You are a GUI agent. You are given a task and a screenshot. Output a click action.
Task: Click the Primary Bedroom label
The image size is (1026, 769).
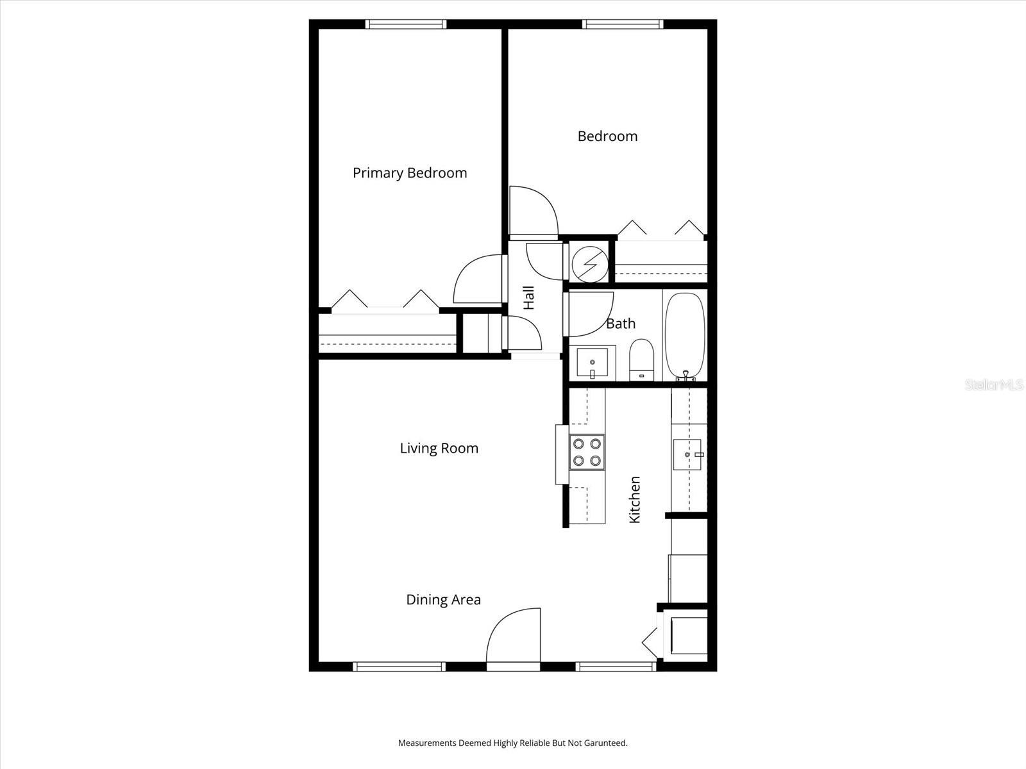[x=410, y=173]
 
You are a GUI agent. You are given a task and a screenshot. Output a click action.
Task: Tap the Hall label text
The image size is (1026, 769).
[x=529, y=298]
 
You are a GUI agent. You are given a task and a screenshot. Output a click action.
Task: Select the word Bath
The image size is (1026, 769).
[x=621, y=324]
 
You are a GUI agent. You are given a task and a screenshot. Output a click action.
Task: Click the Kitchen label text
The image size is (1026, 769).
[x=635, y=499]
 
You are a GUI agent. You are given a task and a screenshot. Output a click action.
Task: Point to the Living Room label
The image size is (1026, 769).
[x=439, y=449]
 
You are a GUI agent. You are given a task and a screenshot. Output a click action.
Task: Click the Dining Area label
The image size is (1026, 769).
[x=443, y=600]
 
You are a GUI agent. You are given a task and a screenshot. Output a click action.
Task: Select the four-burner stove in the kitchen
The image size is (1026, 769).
[x=587, y=452]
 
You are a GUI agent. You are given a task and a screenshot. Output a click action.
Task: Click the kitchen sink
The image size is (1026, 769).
[x=688, y=454]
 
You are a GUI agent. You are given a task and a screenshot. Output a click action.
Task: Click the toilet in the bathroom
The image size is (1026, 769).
[x=641, y=360]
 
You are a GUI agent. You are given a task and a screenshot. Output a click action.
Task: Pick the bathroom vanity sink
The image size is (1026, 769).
[x=592, y=364]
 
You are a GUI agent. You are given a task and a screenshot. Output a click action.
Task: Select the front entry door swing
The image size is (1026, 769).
[x=514, y=638]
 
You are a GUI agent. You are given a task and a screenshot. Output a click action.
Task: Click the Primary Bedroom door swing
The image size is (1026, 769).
[x=478, y=279]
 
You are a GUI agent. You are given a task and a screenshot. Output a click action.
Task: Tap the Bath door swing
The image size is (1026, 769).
[x=589, y=314]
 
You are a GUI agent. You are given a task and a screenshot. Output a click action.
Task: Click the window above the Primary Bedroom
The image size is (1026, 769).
[x=406, y=24]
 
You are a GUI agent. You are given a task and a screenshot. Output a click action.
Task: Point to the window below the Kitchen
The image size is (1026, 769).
[x=616, y=666]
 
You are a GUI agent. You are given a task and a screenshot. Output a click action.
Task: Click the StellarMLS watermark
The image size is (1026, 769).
[x=995, y=385]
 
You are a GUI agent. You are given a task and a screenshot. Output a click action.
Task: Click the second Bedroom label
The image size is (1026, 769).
[x=607, y=136]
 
